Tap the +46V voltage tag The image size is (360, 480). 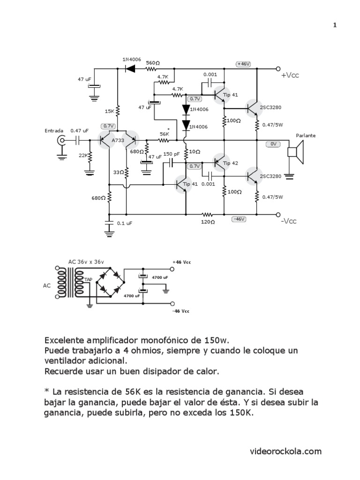pos(244,64)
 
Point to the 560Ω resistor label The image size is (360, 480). pos(152,62)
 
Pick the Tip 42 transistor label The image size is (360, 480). pos(231,163)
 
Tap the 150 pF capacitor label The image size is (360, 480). pos(172,154)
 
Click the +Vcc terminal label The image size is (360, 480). pos(289,75)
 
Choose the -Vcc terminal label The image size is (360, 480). pos(289,221)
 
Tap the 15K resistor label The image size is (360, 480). pos(109,111)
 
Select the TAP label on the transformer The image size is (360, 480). pos(88,279)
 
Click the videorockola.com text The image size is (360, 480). pos(285,451)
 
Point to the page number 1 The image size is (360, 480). pos(335,25)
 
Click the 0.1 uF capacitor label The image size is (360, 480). pos(125,224)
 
